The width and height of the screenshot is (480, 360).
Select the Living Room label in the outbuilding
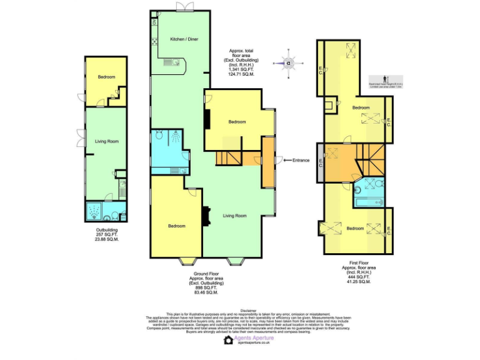[106, 141]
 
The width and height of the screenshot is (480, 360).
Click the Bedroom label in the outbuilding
[106, 77]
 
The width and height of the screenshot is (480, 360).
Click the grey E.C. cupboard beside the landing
[321, 162]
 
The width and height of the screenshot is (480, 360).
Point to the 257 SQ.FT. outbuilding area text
[106, 235]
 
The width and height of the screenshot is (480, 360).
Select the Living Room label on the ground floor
[236, 216]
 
